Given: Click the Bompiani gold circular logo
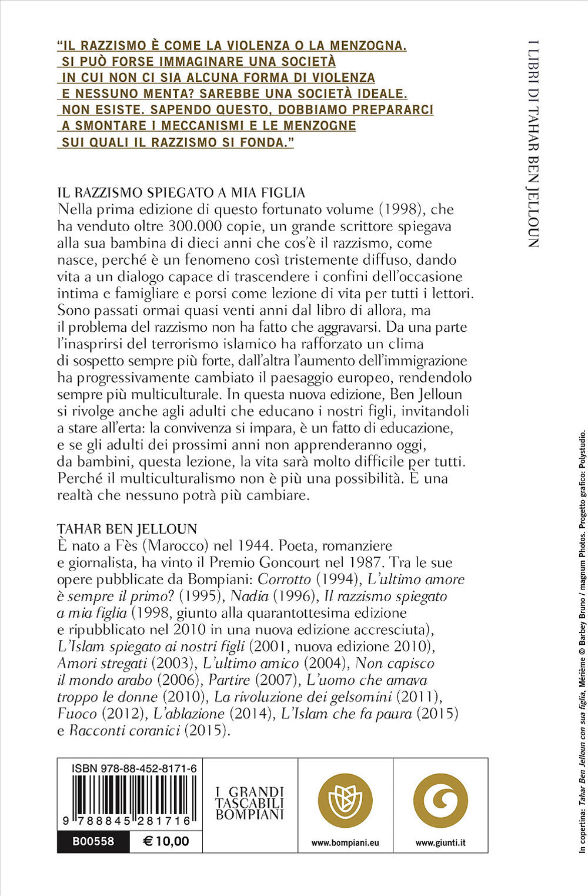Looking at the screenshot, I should click(x=346, y=801).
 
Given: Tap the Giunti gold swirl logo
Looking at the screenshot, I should click(x=440, y=801).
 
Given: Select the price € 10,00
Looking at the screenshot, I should click(x=166, y=841).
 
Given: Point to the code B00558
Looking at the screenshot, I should click(x=93, y=841).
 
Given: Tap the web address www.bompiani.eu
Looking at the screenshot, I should click(x=345, y=842).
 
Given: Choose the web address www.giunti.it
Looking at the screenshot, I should click(x=440, y=842).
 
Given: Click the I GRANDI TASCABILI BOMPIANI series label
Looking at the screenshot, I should click(x=250, y=803).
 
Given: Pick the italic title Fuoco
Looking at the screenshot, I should click(x=76, y=714).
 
